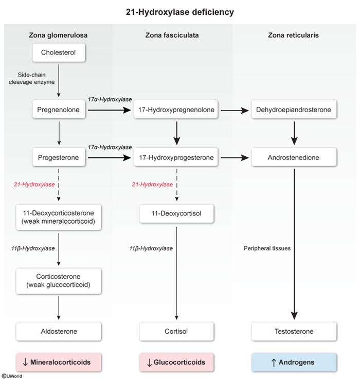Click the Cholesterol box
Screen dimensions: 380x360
coord(58,52)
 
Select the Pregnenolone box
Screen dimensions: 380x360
coord(58,110)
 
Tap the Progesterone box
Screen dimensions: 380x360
coord(58,158)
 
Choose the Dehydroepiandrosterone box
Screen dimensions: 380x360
coord(294,110)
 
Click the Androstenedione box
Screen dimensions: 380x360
coord(294,158)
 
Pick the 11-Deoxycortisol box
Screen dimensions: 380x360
coord(177,213)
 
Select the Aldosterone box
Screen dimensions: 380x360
coord(58,332)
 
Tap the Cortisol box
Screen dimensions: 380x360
coord(177,332)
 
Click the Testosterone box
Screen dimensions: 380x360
coord(294,332)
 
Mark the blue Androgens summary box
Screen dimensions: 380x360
coord(294,362)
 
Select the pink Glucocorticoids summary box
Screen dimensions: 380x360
coord(177,362)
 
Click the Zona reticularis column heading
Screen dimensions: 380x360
coord(294,35)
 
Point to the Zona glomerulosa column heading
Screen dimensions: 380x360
coord(58,35)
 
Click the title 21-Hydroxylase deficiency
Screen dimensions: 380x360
coord(179,10)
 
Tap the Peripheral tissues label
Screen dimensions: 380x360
coord(267,248)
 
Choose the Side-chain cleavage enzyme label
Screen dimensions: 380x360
coord(31,78)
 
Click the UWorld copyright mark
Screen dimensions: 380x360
coord(12,376)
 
